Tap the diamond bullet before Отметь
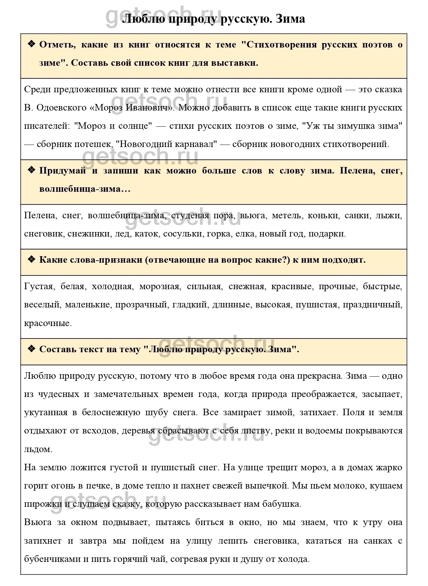[31, 44]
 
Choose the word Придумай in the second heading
[62, 171]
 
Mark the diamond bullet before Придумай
[31, 170]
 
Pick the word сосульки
[183, 234]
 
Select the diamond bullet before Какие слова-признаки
[31, 259]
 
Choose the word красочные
[48, 323]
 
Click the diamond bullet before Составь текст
[31, 349]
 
